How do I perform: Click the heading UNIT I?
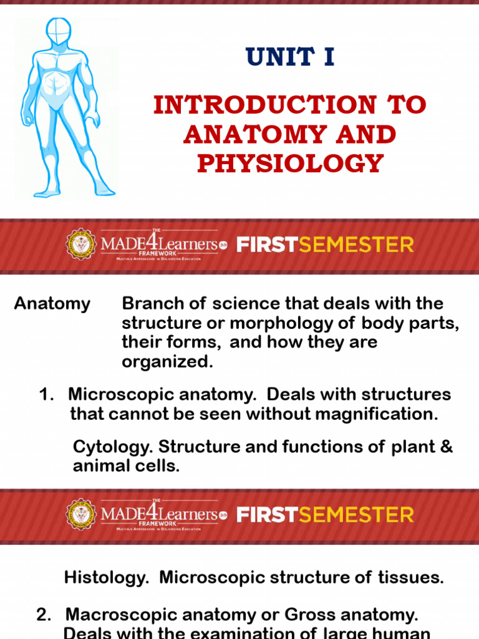tap(290, 57)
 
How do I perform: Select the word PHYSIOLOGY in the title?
tap(290, 163)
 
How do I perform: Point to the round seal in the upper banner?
tap(81, 245)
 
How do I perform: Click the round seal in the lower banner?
tap(81, 514)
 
